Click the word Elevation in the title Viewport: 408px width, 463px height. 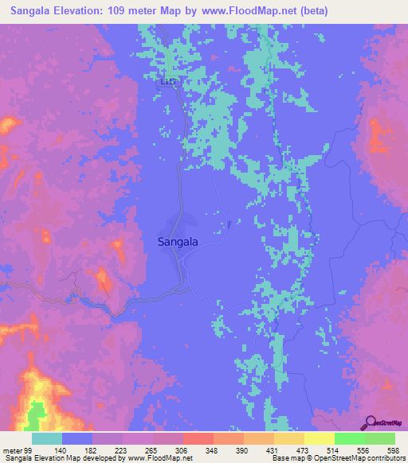coord(84,11)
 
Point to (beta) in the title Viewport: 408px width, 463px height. coord(311,11)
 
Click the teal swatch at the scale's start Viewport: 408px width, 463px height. coord(47,438)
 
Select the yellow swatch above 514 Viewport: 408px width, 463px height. coord(320,438)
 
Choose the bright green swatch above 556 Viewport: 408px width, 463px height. coord(350,438)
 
